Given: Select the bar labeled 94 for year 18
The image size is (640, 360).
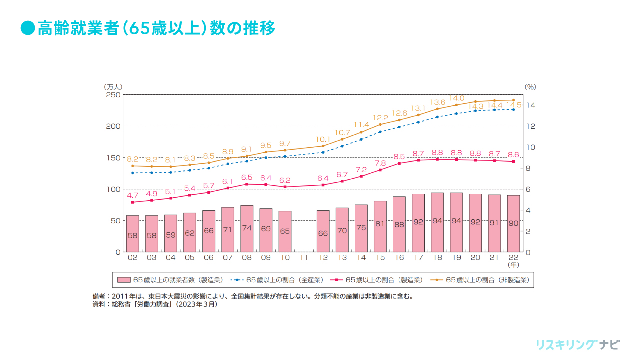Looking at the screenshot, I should (437, 222).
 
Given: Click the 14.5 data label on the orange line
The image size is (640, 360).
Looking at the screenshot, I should (514, 105).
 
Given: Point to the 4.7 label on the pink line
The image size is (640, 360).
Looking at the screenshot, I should (132, 196).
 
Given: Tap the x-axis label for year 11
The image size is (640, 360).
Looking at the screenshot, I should (304, 257).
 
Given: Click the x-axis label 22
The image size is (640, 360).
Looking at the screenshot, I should (513, 257).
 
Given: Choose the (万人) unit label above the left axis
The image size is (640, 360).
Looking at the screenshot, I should (113, 87).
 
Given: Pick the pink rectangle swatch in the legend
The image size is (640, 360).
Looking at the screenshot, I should (124, 280).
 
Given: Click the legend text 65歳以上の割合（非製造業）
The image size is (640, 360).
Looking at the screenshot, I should (487, 280).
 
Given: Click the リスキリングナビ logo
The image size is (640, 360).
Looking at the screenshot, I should (577, 345).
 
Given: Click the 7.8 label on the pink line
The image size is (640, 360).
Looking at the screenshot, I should (380, 163).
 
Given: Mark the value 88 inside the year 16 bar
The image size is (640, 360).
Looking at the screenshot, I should (399, 225).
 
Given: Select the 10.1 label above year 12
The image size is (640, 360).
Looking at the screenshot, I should (323, 139).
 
